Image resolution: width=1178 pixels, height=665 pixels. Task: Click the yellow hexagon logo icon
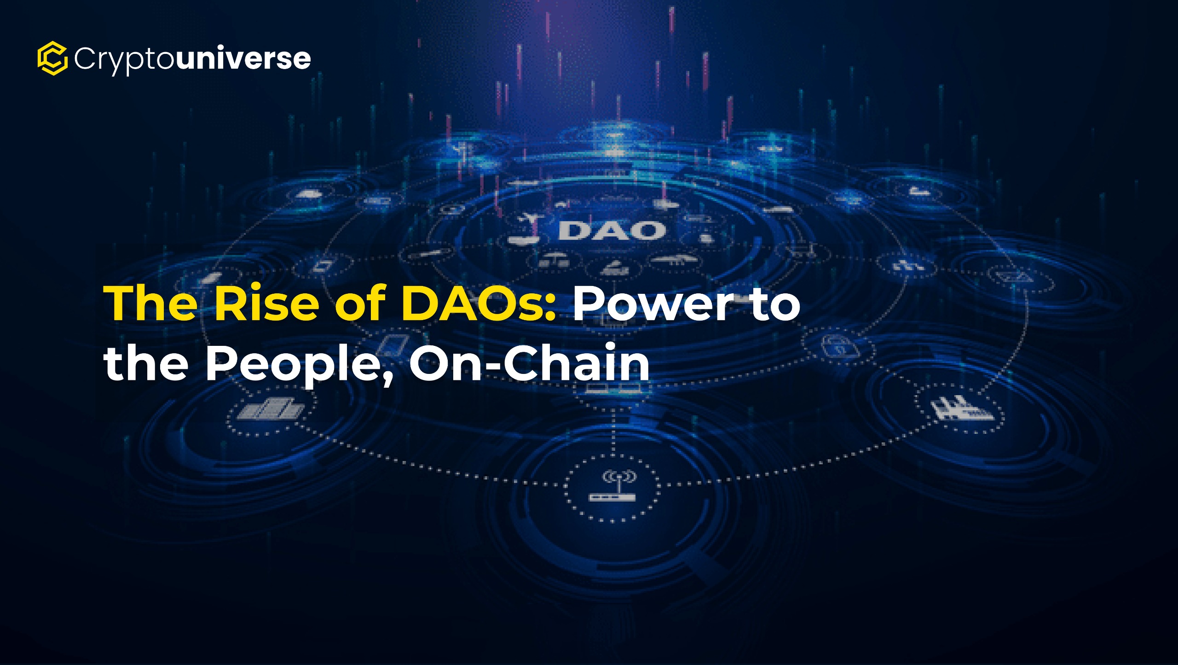pyautogui.click(x=52, y=58)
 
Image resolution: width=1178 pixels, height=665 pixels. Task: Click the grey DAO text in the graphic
pyautogui.click(x=612, y=231)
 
